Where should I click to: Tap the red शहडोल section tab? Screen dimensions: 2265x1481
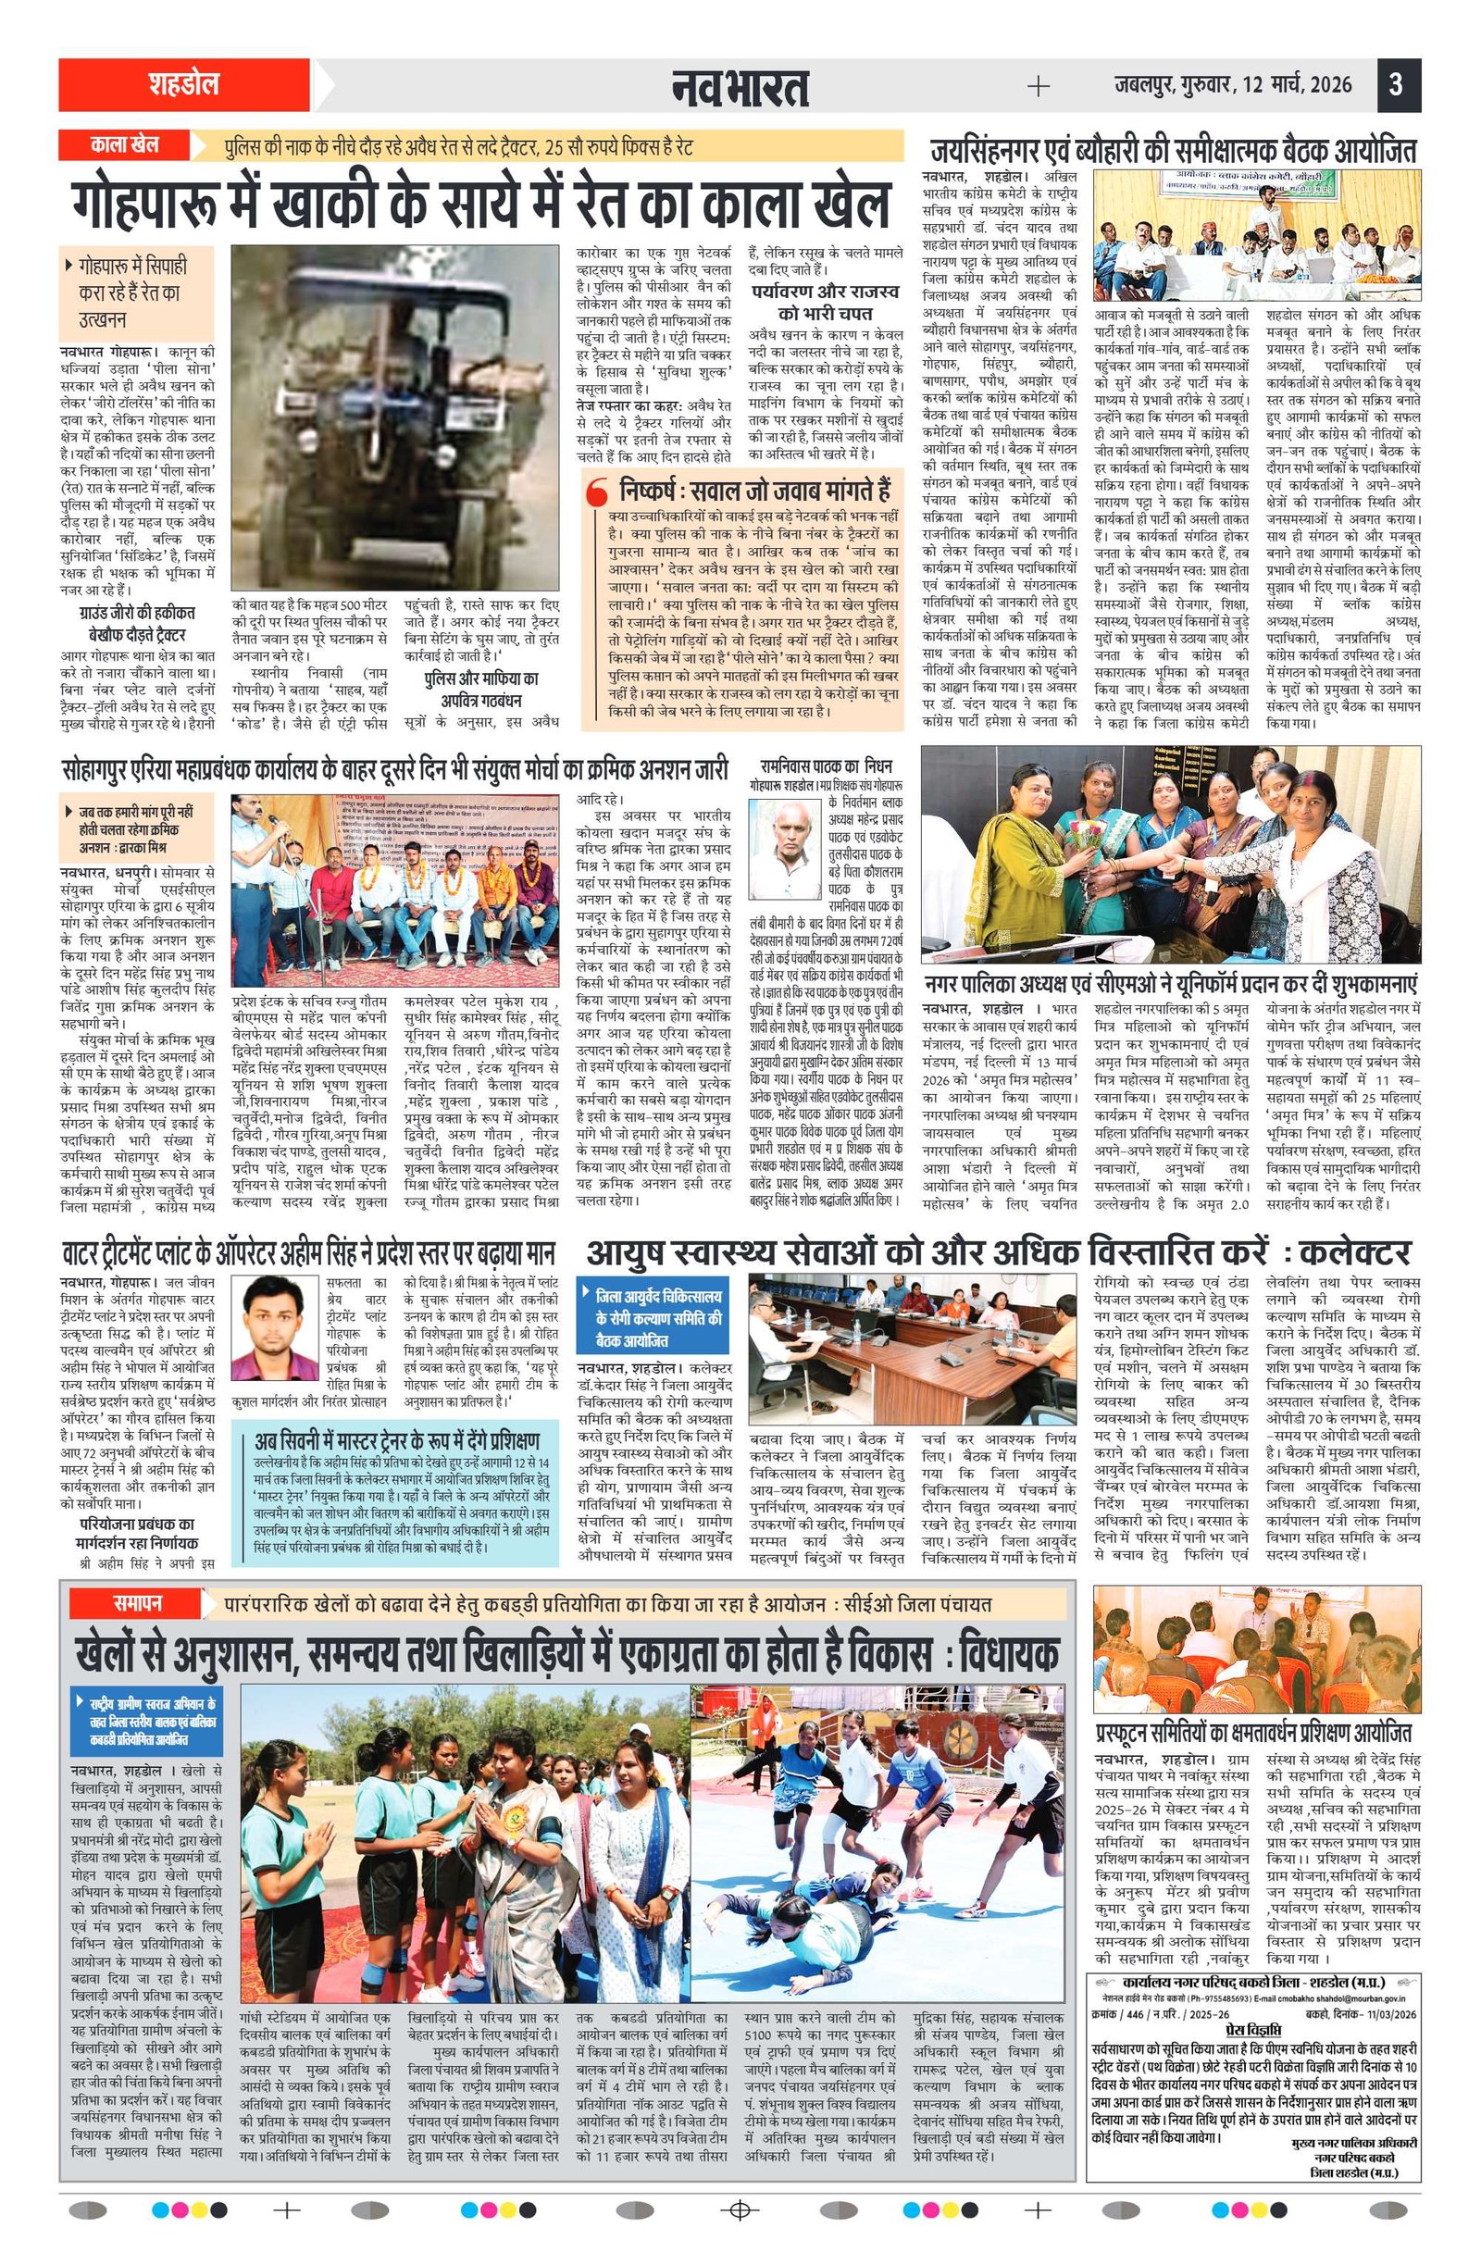pyautogui.click(x=183, y=85)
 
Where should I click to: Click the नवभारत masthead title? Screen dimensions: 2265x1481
pyautogui.click(x=739, y=88)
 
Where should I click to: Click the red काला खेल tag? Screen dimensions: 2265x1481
pyautogui.click(x=125, y=145)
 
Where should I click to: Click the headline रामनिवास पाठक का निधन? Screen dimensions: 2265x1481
pyautogui.click(x=824, y=766)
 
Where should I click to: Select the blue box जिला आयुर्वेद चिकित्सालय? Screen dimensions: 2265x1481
pyautogui.click(x=653, y=1318)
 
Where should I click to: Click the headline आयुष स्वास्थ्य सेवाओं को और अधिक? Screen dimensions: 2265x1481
pyautogui.click(x=998, y=1252)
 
